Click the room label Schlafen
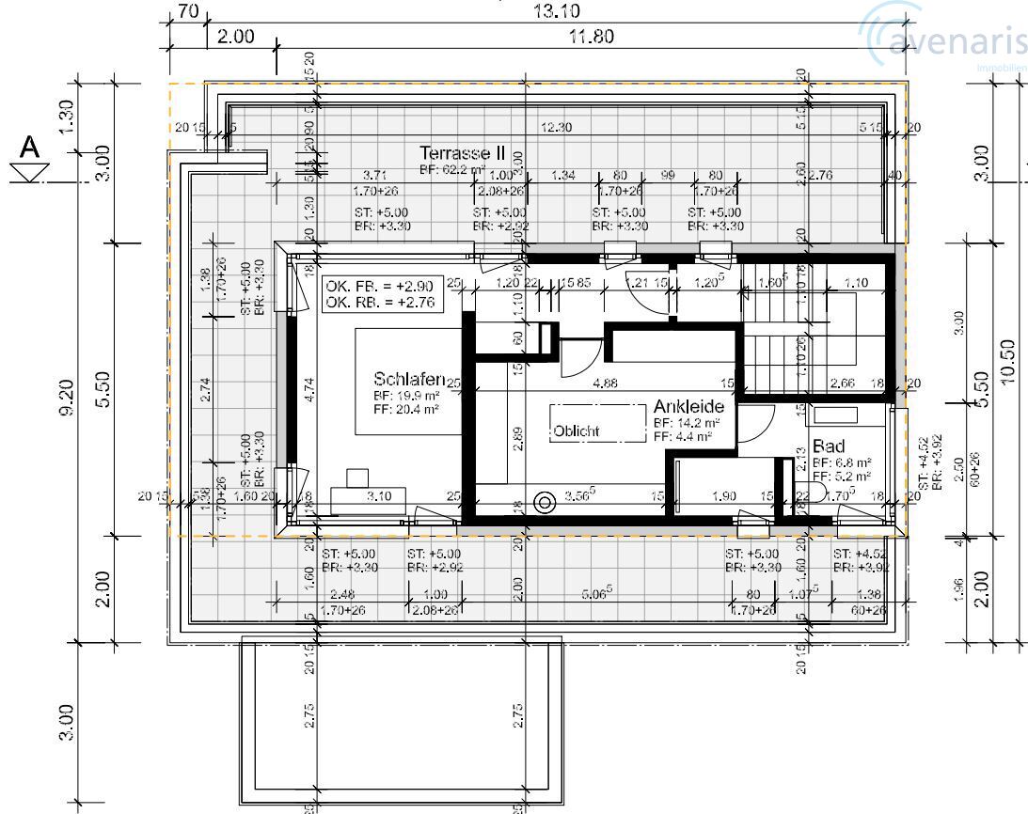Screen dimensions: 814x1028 [x=408, y=380]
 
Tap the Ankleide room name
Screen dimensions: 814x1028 [x=689, y=407]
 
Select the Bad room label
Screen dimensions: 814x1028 [x=829, y=446]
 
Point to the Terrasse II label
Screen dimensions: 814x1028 [x=469, y=152]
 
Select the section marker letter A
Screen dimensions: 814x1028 [x=31, y=149]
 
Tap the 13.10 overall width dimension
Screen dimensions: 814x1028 [x=557, y=11]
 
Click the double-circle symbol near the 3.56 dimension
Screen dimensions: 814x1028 [x=544, y=503]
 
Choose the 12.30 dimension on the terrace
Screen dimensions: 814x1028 [x=557, y=128]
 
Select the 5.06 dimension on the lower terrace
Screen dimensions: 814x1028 [x=597, y=592]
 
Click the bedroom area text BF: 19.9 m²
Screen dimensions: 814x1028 [x=405, y=396]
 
